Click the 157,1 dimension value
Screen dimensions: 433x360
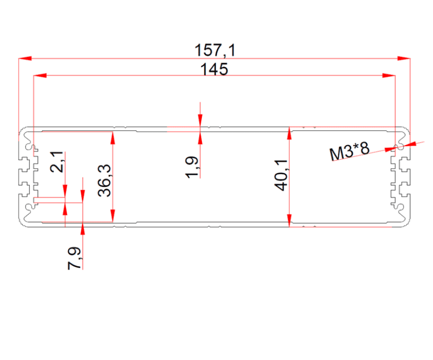click(215, 50)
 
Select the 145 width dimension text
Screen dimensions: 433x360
click(214, 69)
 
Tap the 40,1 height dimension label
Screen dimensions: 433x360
click(281, 175)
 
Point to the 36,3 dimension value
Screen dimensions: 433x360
click(104, 181)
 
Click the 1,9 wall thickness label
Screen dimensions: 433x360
click(192, 168)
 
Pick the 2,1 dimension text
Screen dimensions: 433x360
click(57, 162)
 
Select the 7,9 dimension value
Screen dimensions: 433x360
click(74, 258)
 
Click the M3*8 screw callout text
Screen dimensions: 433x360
click(350, 151)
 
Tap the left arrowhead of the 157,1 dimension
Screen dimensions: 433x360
click(25, 58)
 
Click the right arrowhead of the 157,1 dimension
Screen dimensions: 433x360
click(404, 58)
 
